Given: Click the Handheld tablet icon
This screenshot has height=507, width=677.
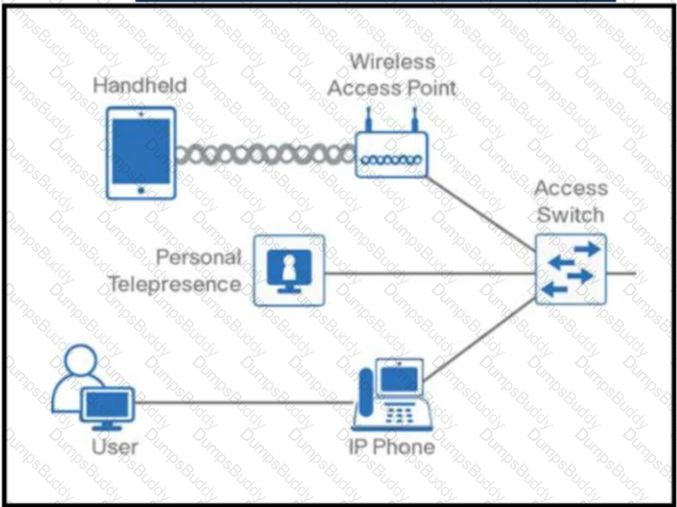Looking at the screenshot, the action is [141, 154].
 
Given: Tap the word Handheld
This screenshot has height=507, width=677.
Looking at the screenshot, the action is [140, 85].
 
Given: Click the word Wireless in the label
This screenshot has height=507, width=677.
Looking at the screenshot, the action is [393, 62].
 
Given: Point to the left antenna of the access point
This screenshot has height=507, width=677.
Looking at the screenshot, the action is [368, 120].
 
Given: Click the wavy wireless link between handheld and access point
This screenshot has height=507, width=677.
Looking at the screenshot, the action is [266, 155].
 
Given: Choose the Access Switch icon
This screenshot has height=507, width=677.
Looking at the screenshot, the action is [570, 269].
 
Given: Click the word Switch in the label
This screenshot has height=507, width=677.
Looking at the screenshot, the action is [570, 215].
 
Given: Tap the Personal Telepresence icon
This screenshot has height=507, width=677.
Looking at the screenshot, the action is [289, 271].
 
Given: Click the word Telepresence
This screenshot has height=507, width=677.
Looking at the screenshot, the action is [174, 285].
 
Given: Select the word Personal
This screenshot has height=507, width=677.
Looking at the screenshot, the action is [199, 258].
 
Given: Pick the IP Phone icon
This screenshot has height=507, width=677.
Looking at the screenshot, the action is [392, 395].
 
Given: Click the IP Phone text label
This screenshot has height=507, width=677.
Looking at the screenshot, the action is [392, 447].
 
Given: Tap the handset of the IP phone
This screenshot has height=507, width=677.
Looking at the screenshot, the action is [366, 393].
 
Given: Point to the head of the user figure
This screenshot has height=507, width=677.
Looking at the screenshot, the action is [81, 361].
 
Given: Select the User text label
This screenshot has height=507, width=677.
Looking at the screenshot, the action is [115, 447].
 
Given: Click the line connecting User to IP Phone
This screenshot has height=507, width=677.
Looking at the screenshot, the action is [244, 403].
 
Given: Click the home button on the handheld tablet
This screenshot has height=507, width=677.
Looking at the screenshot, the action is [141, 191].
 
